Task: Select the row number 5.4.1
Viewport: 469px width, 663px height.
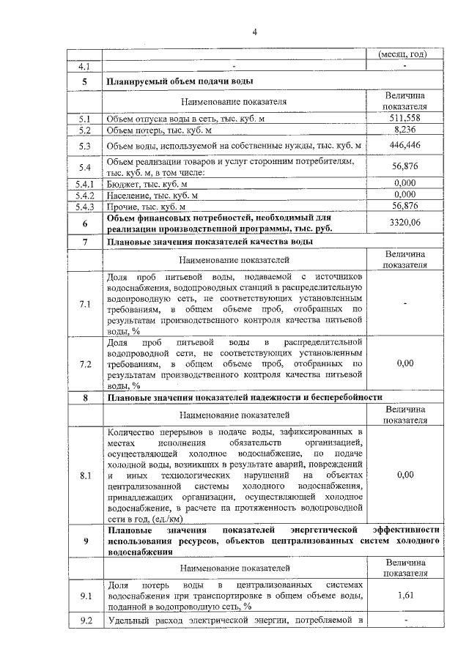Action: click(x=85, y=184)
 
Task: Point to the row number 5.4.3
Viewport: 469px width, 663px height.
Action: click(x=85, y=207)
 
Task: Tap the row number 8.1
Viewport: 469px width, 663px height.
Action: click(x=85, y=475)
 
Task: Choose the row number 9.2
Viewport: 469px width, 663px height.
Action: click(x=85, y=622)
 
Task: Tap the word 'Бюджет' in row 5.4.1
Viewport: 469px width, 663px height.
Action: click(x=123, y=184)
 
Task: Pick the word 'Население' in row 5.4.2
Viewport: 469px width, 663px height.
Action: click(x=128, y=196)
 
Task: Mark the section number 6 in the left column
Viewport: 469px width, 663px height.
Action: click(x=85, y=223)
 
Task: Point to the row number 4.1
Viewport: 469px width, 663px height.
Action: click(x=85, y=66)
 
